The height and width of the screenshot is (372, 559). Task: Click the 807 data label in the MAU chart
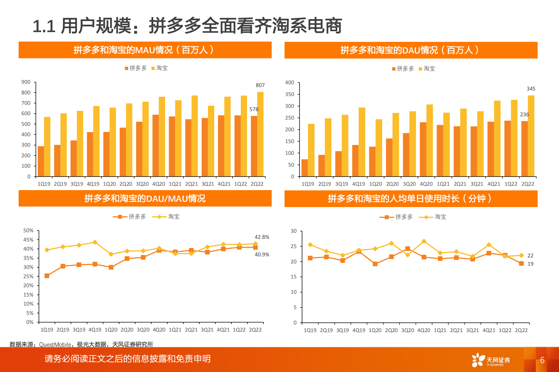pos(260,85)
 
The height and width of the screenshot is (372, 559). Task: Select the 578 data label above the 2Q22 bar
pos(254,109)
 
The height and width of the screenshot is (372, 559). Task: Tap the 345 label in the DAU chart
pos(531,89)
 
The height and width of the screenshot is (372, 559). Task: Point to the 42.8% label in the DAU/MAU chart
pos(262,237)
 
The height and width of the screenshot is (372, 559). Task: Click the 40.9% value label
pos(262,255)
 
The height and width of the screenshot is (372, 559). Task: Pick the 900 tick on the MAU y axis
pos(26,82)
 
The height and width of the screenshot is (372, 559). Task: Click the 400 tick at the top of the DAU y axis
pos(289,83)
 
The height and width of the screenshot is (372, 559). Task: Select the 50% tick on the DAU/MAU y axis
pos(28,231)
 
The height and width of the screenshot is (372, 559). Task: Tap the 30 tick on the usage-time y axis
pos(293,231)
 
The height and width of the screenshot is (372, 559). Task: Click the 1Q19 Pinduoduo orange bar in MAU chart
pos(41,161)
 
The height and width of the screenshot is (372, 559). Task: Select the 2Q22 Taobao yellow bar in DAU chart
pos(531,136)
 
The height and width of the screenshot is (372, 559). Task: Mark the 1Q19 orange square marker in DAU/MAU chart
pos(47,276)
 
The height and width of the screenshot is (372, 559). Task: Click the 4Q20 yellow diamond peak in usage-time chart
pos(424,241)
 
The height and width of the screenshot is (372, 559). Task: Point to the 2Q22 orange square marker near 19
pos(521,263)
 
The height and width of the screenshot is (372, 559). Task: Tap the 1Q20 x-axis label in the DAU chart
pos(375,184)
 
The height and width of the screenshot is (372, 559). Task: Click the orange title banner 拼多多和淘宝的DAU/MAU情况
pos(145,198)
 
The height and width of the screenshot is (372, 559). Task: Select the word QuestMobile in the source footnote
pos(55,344)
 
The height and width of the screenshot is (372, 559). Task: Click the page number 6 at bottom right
pos(542,360)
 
